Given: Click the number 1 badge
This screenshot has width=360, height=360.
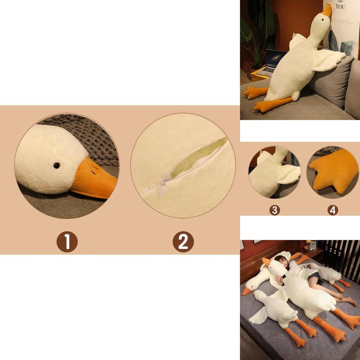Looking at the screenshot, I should pyautogui.click(x=67, y=242).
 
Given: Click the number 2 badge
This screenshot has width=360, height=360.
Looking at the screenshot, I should pyautogui.click(x=183, y=242).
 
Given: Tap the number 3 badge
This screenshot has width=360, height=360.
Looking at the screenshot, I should pyautogui.click(x=275, y=210).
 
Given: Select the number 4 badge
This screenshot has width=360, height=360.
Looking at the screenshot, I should pyautogui.click(x=333, y=210).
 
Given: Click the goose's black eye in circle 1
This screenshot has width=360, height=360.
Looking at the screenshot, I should pyautogui.click(x=56, y=165).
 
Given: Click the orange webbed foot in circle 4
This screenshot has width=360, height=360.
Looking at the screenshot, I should pyautogui.click(x=332, y=171).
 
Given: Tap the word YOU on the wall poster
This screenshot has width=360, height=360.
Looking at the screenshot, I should pyautogui.click(x=340, y=6).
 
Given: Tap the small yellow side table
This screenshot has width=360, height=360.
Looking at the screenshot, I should pyautogui.click(x=258, y=75).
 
